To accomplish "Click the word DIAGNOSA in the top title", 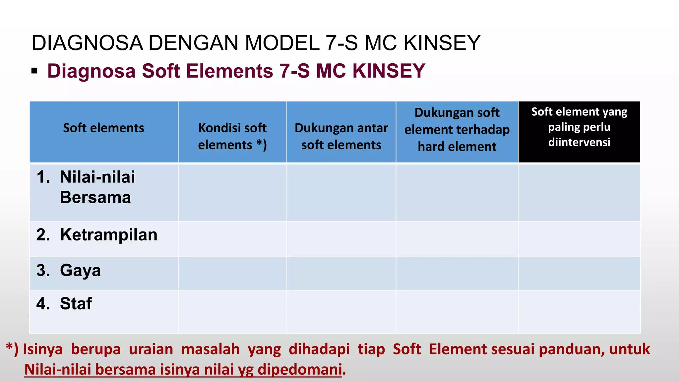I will point(87,43).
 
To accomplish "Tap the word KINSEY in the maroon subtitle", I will point(389,71).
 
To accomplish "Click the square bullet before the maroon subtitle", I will point(34,71).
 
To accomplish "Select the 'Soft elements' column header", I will point(103,128).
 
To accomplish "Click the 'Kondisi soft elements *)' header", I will point(232,136).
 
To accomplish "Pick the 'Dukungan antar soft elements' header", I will point(341,136).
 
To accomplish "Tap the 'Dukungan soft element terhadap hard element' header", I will point(457,130).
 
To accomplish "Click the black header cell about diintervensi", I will point(579,127).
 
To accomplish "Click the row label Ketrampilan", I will point(108,235).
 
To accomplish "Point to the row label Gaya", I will point(80,270).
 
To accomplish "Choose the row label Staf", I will point(76,303).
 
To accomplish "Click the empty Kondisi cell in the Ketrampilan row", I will point(232,239).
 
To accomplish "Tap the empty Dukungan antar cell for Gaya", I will point(341,273).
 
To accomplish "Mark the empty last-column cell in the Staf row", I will point(579,311).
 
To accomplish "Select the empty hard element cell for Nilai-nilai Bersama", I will point(457,192).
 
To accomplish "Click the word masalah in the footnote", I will point(210,349).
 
